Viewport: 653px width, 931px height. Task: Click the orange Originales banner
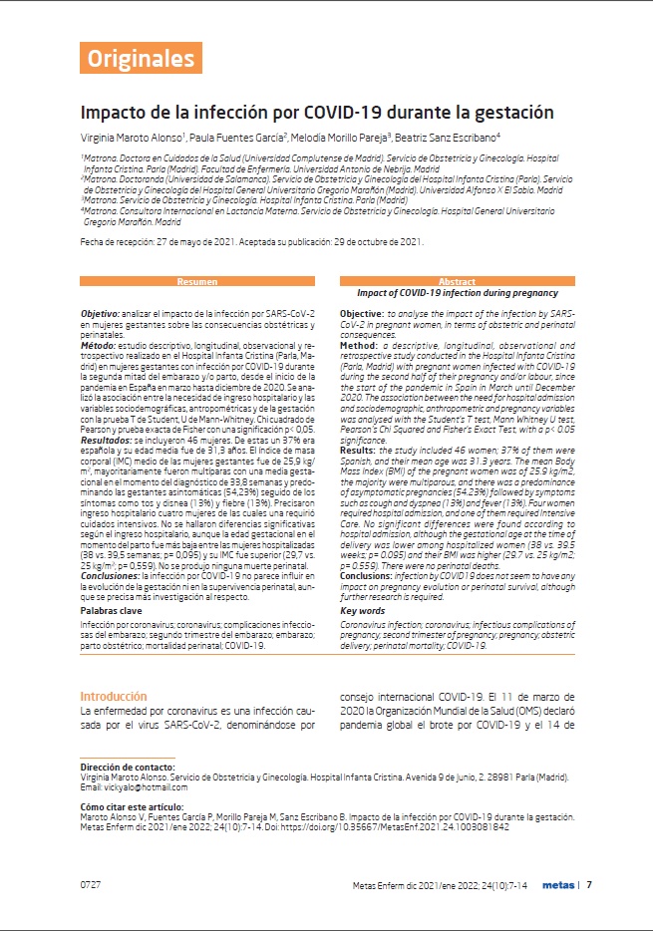click(x=141, y=58)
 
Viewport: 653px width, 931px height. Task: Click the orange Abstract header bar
click(x=458, y=282)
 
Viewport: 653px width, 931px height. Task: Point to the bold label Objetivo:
click(x=101, y=313)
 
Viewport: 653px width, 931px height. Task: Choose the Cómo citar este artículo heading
click(x=132, y=805)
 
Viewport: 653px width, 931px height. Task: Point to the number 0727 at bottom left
click(x=90, y=884)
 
